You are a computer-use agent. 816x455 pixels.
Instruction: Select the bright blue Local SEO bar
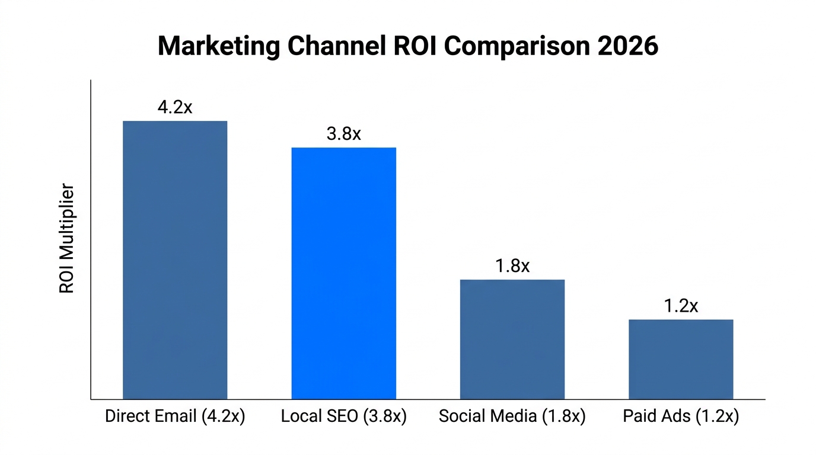click(x=343, y=273)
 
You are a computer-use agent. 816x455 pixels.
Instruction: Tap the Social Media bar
click(x=512, y=339)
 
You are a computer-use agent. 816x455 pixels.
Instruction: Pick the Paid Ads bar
click(x=681, y=359)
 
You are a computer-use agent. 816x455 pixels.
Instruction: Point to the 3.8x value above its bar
click(x=343, y=134)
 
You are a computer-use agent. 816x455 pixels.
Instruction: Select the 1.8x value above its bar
click(x=512, y=266)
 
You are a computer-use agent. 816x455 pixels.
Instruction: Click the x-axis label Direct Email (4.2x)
click(x=175, y=416)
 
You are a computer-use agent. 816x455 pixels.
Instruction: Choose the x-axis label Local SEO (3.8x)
click(x=343, y=416)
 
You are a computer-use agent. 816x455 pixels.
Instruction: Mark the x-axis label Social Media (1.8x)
click(x=512, y=416)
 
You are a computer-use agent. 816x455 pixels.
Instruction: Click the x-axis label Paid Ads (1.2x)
click(x=681, y=416)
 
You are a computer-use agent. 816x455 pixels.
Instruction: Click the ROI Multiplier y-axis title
click(x=66, y=239)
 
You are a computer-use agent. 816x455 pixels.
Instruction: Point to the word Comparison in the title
click(x=518, y=46)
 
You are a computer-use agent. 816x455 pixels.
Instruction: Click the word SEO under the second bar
click(x=343, y=416)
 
